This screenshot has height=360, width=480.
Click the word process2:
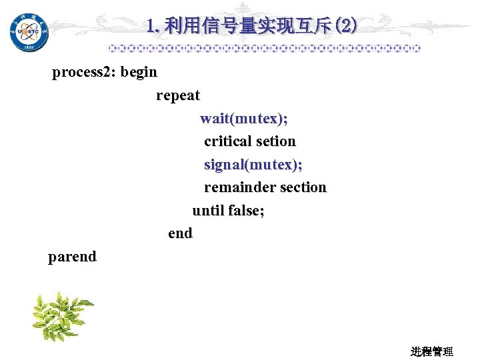click(84, 72)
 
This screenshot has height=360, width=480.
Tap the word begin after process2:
click(139, 72)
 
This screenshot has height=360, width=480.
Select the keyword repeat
click(178, 95)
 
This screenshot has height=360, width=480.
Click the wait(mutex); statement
click(244, 119)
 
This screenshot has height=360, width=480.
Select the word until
click(208, 211)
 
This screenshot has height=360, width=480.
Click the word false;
click(247, 211)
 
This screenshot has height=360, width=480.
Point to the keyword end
click(180, 233)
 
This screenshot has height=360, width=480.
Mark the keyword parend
click(72, 257)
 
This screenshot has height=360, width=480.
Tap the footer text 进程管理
click(431, 351)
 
